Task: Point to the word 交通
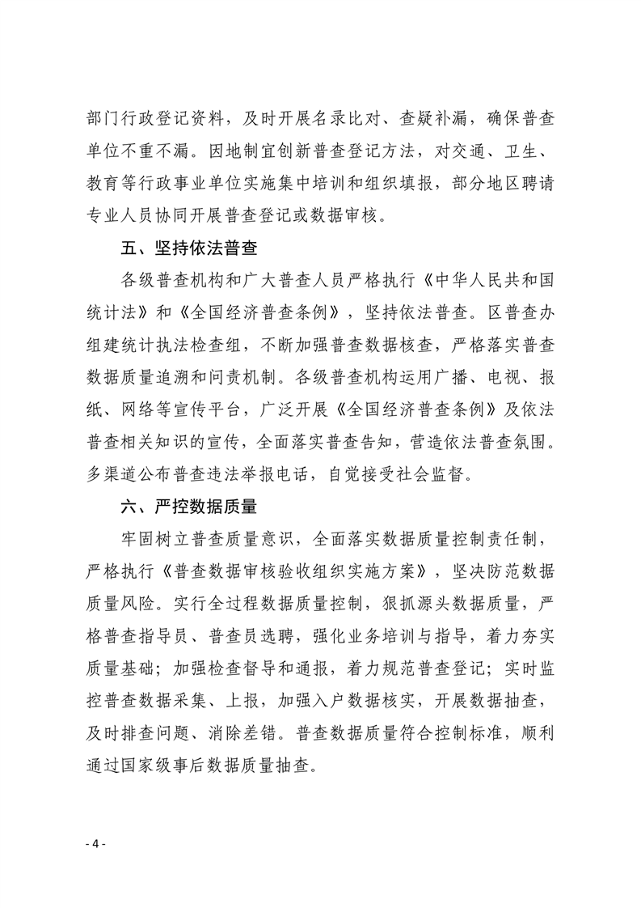[458, 151]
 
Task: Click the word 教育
[103, 184]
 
